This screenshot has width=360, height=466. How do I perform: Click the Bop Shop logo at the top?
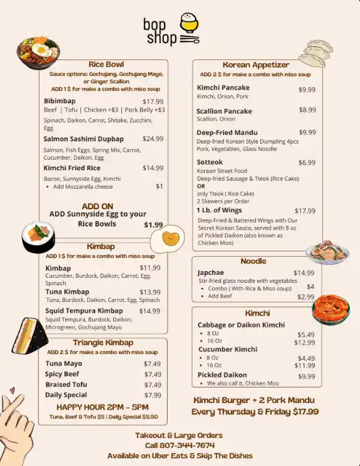[171, 30]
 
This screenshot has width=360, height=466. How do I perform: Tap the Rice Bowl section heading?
[106, 64]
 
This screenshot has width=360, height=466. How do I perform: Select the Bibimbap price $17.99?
[153, 101]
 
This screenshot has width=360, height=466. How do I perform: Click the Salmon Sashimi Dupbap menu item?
[84, 139]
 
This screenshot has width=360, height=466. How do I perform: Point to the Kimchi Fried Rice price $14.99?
[153, 168]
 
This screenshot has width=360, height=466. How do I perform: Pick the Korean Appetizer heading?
[255, 65]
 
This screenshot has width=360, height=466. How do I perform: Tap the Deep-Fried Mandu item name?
[227, 132]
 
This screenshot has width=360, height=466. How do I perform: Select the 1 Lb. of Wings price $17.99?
[305, 210]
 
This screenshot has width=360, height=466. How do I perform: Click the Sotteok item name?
[210, 162]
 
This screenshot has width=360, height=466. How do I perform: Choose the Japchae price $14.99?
[304, 272]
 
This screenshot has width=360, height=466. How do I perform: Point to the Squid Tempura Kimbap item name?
[84, 311]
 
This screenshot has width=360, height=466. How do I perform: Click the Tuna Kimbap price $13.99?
[150, 292]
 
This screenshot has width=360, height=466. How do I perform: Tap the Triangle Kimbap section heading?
[103, 342]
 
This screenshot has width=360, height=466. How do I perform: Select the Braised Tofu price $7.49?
[152, 384]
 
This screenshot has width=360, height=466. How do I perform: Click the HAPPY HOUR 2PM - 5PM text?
[102, 407]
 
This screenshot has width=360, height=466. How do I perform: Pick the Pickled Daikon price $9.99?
[306, 376]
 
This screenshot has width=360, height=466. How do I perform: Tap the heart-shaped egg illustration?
[173, 238]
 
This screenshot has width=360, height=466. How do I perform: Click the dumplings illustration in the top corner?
[319, 53]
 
